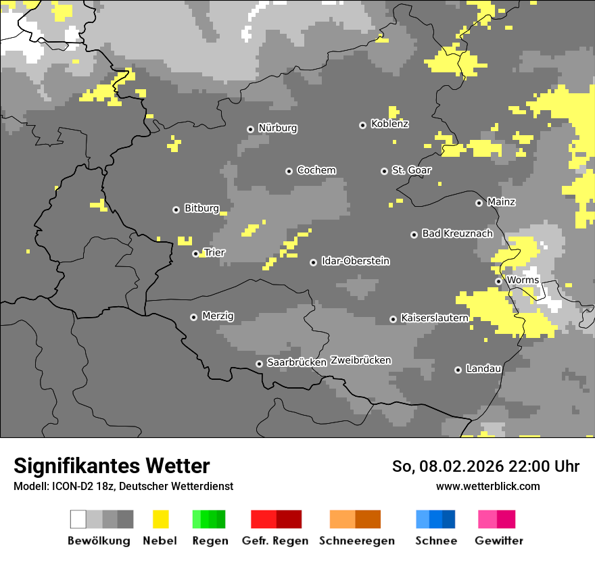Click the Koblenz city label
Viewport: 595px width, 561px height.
coord(389,124)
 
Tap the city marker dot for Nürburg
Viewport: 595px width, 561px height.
coord(250,129)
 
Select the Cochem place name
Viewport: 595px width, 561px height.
coord(316,170)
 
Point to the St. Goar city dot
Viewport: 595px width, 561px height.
coord(384,171)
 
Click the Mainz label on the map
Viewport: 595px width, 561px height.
coord(501,202)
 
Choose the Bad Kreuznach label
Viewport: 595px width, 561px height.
coord(457,234)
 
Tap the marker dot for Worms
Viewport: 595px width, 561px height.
coord(498,281)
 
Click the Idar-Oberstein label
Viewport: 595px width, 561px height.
coord(355,262)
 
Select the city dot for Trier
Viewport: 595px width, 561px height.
coord(195,254)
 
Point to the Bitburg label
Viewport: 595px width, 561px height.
coord(201,209)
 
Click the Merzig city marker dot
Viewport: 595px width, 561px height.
coord(193,317)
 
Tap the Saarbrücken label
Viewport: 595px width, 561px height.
coord(296,363)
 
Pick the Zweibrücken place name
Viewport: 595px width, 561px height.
coord(360,360)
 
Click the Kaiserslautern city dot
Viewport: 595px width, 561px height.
coord(393,319)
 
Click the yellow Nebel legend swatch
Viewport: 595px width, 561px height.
coord(160,519)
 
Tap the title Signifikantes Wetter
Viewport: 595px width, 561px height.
coord(112,466)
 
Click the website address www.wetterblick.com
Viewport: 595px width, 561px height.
coord(487,486)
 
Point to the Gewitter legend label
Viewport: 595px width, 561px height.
coord(498,541)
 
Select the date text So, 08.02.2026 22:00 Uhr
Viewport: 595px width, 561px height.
coord(485,466)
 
